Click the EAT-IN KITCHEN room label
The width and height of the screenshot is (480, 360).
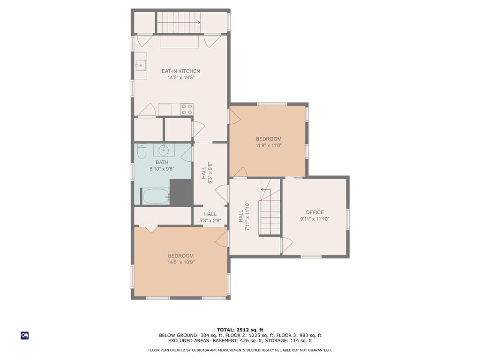point(180,71)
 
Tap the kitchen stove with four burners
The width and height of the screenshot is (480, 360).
point(187,109)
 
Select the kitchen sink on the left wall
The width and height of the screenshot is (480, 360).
point(141,66)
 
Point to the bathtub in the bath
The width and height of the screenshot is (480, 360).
point(156,196)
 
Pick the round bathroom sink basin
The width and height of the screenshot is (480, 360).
point(164,150)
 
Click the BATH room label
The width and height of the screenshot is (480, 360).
point(162,162)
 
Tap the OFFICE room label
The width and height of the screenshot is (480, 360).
point(315,212)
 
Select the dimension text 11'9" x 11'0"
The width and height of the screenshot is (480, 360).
point(269,145)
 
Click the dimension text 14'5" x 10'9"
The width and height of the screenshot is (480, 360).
point(181,262)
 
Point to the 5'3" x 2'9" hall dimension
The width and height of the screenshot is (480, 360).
point(210,220)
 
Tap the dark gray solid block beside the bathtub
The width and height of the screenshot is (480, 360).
point(181,192)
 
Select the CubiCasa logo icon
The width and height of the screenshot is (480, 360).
point(25,336)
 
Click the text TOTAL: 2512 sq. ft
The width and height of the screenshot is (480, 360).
point(240,330)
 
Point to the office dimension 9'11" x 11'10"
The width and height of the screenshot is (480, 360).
point(315,219)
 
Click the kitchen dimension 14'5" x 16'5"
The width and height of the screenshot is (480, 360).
point(181,78)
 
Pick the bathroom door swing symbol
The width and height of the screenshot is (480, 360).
point(187,155)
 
